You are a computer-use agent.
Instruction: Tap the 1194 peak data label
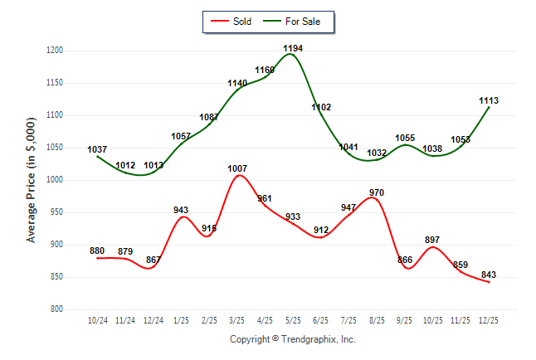click(293, 49)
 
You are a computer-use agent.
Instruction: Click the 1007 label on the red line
click(238, 169)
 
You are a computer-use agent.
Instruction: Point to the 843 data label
click(489, 275)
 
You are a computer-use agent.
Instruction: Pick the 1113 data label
click(489, 100)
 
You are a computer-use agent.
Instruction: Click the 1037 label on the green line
click(98, 149)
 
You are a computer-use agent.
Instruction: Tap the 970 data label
click(377, 192)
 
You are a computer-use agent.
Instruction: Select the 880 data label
click(98, 251)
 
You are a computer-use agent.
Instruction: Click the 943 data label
click(182, 210)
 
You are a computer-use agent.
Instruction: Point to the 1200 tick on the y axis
click(55, 51)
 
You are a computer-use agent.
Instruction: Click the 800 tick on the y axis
click(57, 309)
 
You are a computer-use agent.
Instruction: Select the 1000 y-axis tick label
click(55, 180)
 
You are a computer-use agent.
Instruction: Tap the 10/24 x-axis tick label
click(98, 319)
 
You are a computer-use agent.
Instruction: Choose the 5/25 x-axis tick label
click(293, 319)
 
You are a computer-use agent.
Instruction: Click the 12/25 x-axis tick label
click(489, 319)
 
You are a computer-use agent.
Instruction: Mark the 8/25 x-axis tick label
click(377, 319)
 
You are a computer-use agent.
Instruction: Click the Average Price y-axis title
click(32, 180)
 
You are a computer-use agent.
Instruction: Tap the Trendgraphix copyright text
click(292, 339)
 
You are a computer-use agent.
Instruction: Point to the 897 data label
click(432, 240)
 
